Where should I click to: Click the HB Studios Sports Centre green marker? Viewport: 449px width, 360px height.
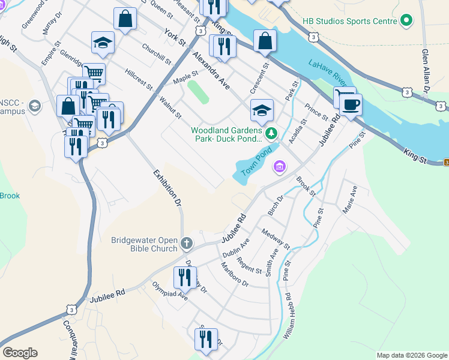[x=407, y=21]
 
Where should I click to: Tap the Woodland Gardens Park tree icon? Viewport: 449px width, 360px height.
[x=272, y=133]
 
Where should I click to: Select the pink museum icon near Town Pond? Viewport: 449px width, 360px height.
[x=279, y=166]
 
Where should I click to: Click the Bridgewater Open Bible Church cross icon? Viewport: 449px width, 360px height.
[x=187, y=243]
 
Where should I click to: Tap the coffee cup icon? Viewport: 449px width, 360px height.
[x=350, y=103]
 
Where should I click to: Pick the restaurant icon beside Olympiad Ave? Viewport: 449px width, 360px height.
[x=184, y=277]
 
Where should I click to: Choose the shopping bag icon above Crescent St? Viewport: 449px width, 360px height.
[x=265, y=41]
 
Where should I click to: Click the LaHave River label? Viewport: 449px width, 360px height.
[x=328, y=73]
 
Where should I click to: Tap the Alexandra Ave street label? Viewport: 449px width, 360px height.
[x=211, y=71]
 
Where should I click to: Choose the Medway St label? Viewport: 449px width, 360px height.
[x=276, y=239]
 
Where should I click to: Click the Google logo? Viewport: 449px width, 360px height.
[x=20, y=353]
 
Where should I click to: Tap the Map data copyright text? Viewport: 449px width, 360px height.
[x=411, y=355]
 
